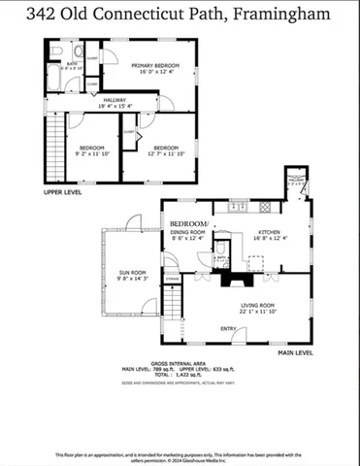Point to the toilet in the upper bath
tap(59, 51)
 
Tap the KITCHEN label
tap(269, 232)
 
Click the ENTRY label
tap(228, 328)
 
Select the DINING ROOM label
tap(188, 232)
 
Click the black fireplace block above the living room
tap(236, 280)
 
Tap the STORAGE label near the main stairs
tap(172, 280)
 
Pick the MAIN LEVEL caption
tap(296, 352)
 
